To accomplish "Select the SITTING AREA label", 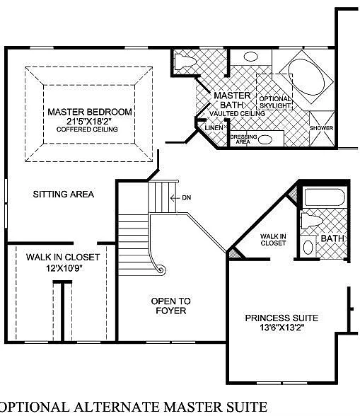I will pyautogui.click(x=63, y=194).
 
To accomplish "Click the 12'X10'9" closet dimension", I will pyautogui.click(x=62, y=268).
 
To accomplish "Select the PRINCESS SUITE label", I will pyautogui.click(x=281, y=318).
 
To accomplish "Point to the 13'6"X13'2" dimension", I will pyautogui.click(x=281, y=328).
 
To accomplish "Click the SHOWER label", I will pyautogui.click(x=321, y=128).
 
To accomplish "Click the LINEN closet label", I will pyautogui.click(x=214, y=128).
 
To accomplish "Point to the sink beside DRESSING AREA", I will pyautogui.click(x=265, y=139).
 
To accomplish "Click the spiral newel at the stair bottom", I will pyautogui.click(x=161, y=269).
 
